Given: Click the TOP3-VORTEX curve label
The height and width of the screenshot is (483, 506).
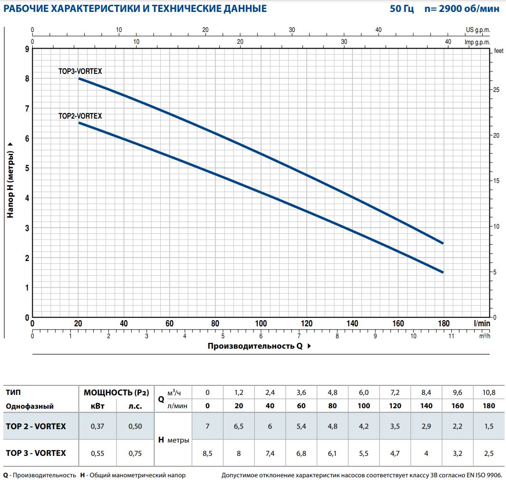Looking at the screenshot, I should (x=80, y=71).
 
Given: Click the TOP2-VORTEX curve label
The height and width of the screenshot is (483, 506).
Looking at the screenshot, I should (x=80, y=116).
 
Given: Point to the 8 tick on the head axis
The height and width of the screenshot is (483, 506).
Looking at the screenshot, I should (x=27, y=79).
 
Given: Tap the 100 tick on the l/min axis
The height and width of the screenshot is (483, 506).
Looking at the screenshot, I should (x=261, y=324).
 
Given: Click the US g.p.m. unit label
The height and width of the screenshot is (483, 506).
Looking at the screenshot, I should (x=477, y=30).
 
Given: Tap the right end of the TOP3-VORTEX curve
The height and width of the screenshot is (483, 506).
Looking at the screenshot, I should (x=443, y=243).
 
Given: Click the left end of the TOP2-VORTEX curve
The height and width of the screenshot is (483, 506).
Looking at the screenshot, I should (x=79, y=123).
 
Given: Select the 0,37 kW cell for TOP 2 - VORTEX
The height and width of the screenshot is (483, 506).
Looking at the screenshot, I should (x=97, y=426).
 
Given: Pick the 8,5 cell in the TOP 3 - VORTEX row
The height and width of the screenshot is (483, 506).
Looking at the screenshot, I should (x=207, y=453).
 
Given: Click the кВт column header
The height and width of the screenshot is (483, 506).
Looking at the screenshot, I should (x=97, y=406).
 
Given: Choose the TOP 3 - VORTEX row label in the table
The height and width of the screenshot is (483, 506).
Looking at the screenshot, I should (x=36, y=453).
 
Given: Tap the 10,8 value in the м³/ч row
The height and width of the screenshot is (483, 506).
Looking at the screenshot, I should (x=488, y=392).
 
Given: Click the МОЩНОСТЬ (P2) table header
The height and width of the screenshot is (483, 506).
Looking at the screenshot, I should (x=116, y=392).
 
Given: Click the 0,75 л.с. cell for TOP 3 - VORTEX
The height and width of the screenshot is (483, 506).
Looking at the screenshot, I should (x=135, y=453).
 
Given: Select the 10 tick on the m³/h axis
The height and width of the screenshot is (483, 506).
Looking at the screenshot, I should (x=413, y=336).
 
